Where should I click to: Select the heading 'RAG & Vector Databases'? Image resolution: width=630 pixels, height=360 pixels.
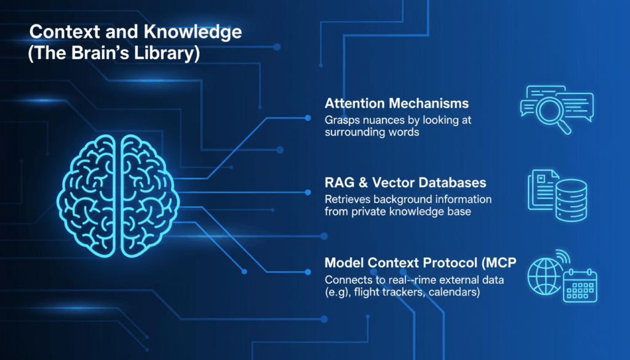[x=405, y=183]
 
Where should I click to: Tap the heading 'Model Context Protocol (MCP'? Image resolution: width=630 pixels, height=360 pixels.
[x=420, y=263]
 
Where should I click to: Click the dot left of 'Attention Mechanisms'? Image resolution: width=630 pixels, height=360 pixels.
[x=308, y=116]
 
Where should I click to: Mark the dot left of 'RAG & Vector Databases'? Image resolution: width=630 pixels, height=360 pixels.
[x=308, y=192]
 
